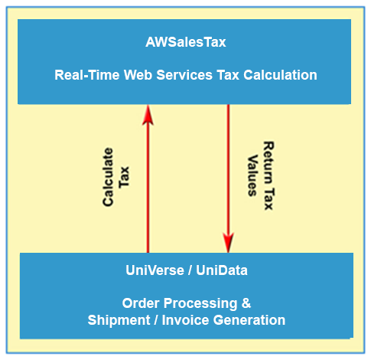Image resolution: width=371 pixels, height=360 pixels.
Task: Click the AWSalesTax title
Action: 186,42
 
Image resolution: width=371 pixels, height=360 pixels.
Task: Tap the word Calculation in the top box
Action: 280,75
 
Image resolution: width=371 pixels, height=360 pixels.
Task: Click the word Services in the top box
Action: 184,75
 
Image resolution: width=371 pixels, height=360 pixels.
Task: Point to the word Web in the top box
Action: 138,75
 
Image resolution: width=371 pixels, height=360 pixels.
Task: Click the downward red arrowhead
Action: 228,242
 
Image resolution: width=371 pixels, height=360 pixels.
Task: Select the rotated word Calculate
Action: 108,177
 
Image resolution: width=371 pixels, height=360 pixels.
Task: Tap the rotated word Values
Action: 252,175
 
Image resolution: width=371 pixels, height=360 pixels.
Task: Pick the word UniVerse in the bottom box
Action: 155,270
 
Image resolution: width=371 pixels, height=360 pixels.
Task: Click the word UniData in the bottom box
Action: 222,270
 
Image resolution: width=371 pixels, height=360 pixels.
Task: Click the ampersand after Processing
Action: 246,303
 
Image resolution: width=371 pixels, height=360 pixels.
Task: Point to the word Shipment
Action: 119,320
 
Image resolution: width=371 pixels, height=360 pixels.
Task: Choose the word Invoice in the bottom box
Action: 185,320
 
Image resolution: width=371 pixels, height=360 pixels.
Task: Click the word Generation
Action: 249,320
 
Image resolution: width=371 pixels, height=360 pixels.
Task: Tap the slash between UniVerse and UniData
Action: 190,270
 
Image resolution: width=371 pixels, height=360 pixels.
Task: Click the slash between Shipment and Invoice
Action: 156,320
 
